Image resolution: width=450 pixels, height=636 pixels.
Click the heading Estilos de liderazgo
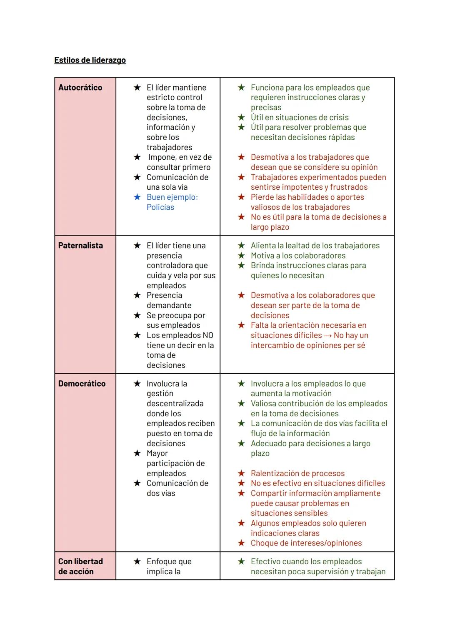[90, 60]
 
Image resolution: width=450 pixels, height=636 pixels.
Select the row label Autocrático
[80, 88]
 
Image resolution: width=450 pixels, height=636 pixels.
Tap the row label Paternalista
[80, 246]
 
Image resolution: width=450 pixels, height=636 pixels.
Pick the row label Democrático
[82, 384]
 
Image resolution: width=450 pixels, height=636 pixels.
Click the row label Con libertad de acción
[80, 566]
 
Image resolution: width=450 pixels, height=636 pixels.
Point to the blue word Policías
[160, 207]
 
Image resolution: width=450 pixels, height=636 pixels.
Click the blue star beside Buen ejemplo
[137, 197]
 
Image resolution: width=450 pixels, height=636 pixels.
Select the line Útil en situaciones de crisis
[300, 118]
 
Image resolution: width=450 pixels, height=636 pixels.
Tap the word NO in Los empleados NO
[207, 335]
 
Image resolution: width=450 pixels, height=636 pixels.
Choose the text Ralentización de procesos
[297, 473]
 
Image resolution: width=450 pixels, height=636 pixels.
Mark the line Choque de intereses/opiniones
[306, 543]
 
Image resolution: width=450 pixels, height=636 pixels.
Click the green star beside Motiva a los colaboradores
[241, 256]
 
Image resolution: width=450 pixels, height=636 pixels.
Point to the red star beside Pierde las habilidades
[241, 197]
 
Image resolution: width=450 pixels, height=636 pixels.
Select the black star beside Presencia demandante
[137, 295]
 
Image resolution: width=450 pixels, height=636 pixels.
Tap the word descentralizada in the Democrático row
[175, 404]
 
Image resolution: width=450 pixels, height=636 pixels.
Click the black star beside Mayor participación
[137, 453]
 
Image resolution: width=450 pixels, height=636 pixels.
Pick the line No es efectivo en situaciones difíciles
[317, 483]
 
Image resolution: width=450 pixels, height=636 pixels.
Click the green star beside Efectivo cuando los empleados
[241, 562]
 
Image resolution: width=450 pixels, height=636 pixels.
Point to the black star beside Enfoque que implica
[137, 562]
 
